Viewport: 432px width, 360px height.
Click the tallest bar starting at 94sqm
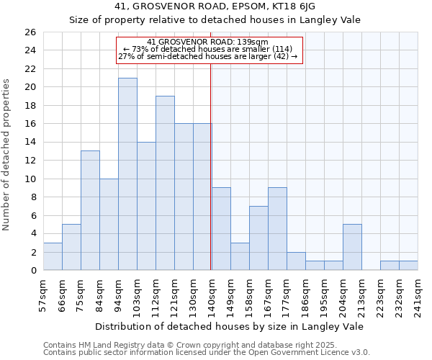pos(127,174)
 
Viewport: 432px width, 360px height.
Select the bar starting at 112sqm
pos(165,183)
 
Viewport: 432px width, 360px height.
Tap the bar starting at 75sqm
pos(90,210)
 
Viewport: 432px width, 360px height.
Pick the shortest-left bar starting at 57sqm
pos(53,256)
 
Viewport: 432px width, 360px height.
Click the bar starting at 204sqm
pos(352,247)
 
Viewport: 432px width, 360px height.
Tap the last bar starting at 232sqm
pos(408,266)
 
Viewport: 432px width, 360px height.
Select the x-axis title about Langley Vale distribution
pos(230,326)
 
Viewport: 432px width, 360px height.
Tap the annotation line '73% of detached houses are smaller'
pos(208,49)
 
